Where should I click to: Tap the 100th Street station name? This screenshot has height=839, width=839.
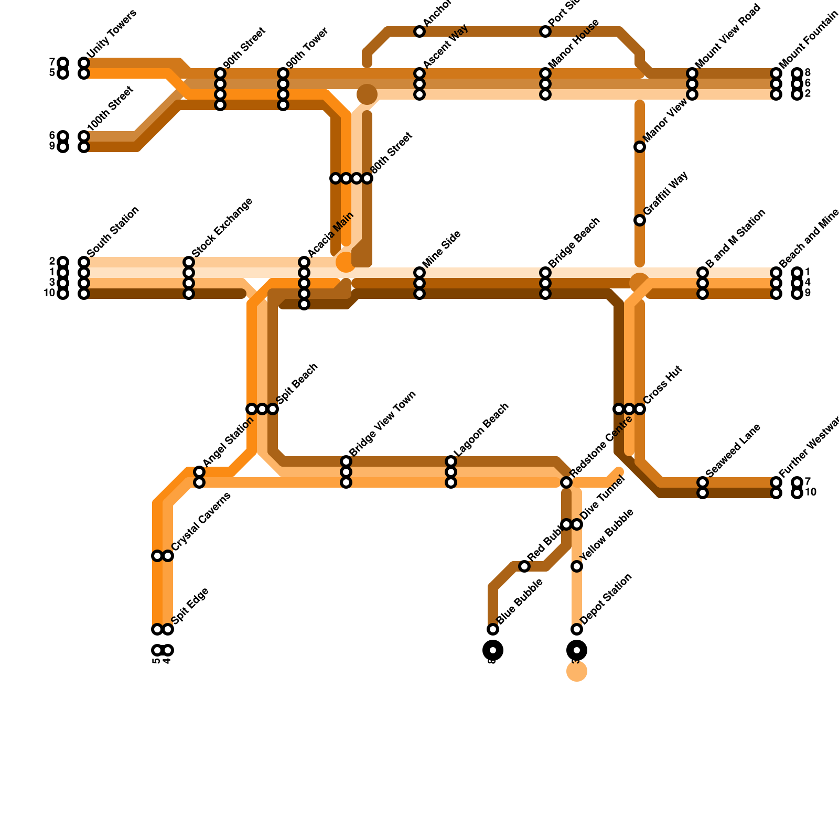click(111, 109)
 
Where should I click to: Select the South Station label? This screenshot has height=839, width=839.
click(113, 232)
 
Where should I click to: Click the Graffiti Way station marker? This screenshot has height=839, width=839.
click(640, 220)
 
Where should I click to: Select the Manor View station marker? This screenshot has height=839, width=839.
click(640, 147)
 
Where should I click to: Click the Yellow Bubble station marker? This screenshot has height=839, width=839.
click(577, 566)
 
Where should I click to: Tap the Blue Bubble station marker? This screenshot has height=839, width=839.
click(493, 629)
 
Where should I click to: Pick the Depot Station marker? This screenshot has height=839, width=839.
click(577, 629)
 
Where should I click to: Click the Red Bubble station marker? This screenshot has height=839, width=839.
click(524, 566)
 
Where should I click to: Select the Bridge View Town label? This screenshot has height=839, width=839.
click(382, 423)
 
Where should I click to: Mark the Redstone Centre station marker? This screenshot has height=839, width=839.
click(566, 482)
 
